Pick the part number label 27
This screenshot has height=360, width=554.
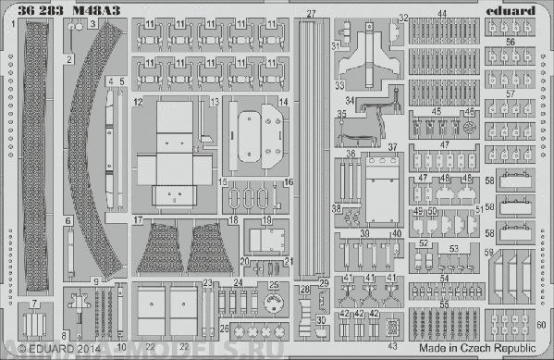[311, 13]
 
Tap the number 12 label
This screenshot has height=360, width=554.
[136, 99]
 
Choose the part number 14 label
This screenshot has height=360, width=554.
[284, 99]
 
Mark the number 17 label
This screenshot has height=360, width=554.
[136, 220]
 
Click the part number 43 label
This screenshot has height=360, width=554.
[393, 345]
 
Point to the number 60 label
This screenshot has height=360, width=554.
[540, 325]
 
